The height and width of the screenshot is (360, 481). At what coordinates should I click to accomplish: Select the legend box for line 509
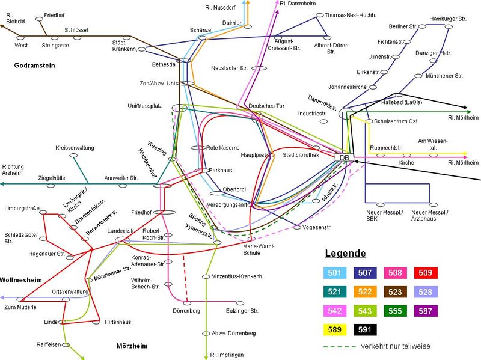tap(424, 273)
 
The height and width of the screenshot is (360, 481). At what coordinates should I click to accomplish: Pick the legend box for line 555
tap(396, 311)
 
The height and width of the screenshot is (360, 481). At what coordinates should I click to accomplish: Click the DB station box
tap(344, 157)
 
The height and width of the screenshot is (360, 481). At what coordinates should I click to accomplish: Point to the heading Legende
tap(346, 253)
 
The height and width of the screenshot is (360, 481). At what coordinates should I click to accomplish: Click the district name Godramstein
tap(34, 66)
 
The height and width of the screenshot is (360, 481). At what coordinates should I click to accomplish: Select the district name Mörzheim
tap(132, 346)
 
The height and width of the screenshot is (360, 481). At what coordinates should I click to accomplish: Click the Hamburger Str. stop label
tap(448, 19)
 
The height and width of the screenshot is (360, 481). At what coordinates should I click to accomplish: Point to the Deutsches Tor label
tap(266, 106)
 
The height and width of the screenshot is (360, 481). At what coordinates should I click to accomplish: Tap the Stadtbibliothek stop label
tap(301, 155)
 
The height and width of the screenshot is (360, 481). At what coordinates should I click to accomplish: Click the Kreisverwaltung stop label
tap(75, 147)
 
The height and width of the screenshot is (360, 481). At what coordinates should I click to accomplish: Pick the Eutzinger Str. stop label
tap(242, 310)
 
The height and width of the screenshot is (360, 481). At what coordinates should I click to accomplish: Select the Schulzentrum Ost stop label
tap(396, 121)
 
